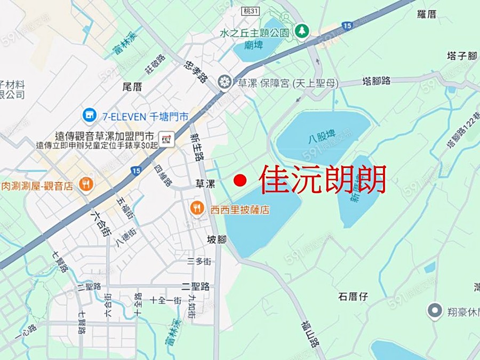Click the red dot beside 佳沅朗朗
point(240,180)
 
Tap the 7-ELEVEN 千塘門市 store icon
point(89,115)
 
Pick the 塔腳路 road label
point(377,81)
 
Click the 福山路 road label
point(310,333)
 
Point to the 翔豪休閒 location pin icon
point(435,309)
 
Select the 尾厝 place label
point(132,87)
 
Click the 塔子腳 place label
point(461,55)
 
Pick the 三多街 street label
point(199,261)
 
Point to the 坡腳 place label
point(217,240)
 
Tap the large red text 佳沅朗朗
point(323,180)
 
